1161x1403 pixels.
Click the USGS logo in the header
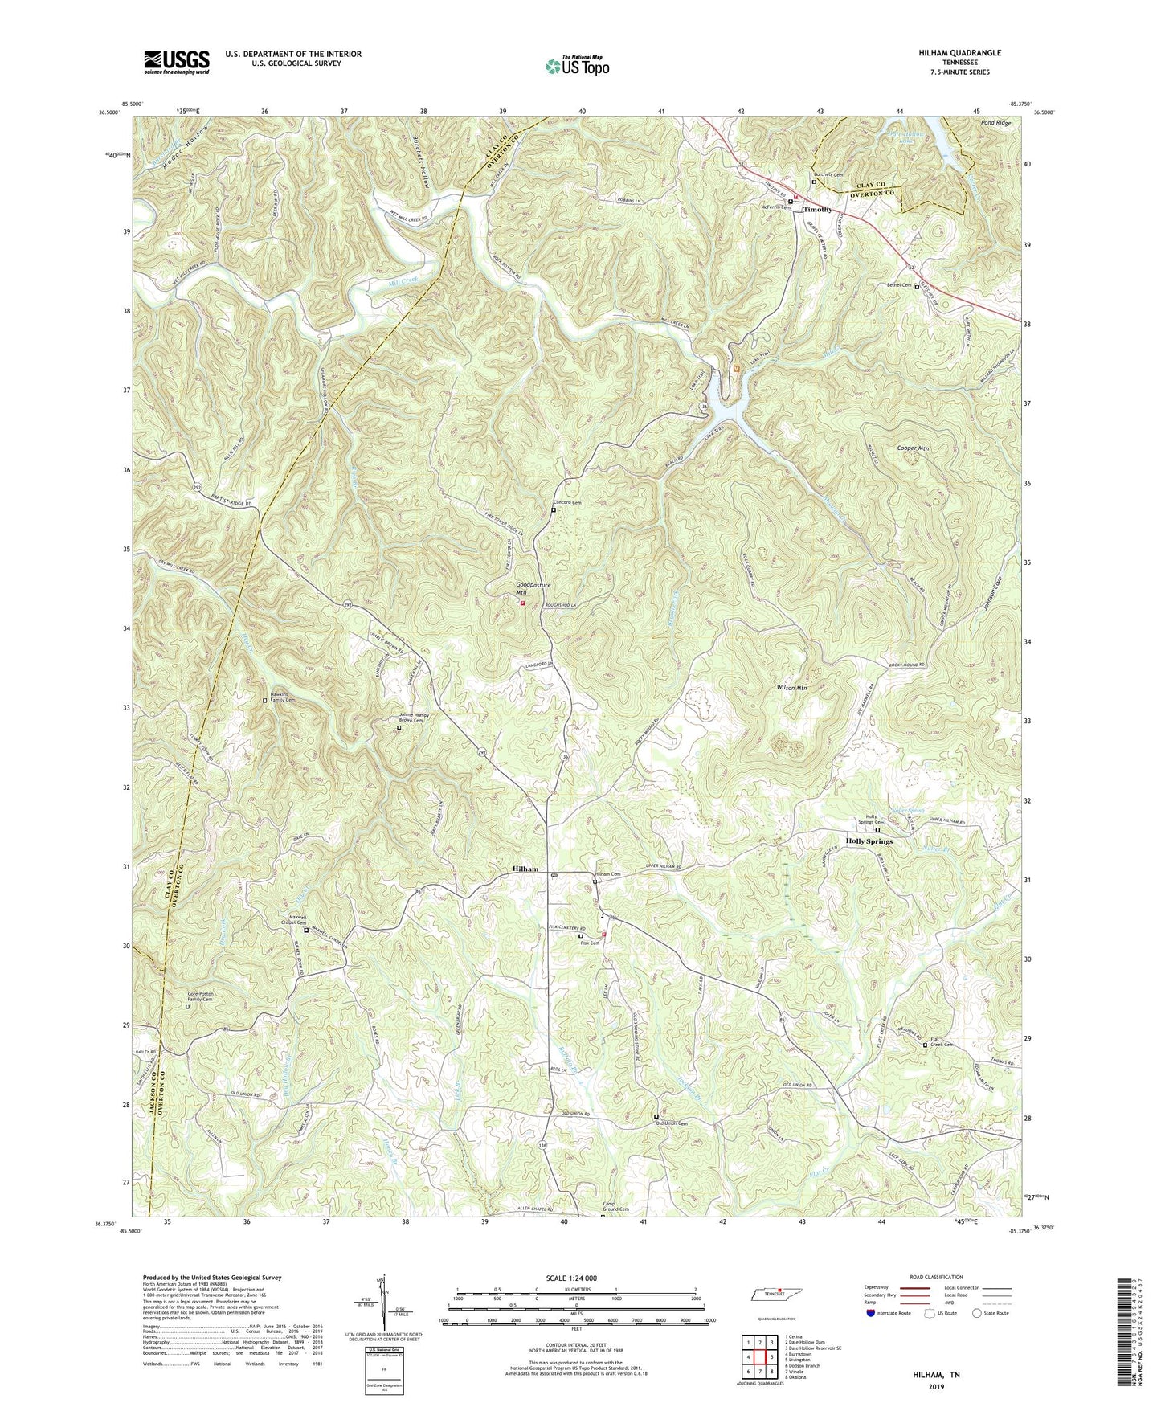pyautogui.click(x=177, y=61)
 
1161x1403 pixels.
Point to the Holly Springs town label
pyautogui.click(x=869, y=841)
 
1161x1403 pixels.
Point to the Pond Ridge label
pyautogui.click(x=997, y=123)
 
